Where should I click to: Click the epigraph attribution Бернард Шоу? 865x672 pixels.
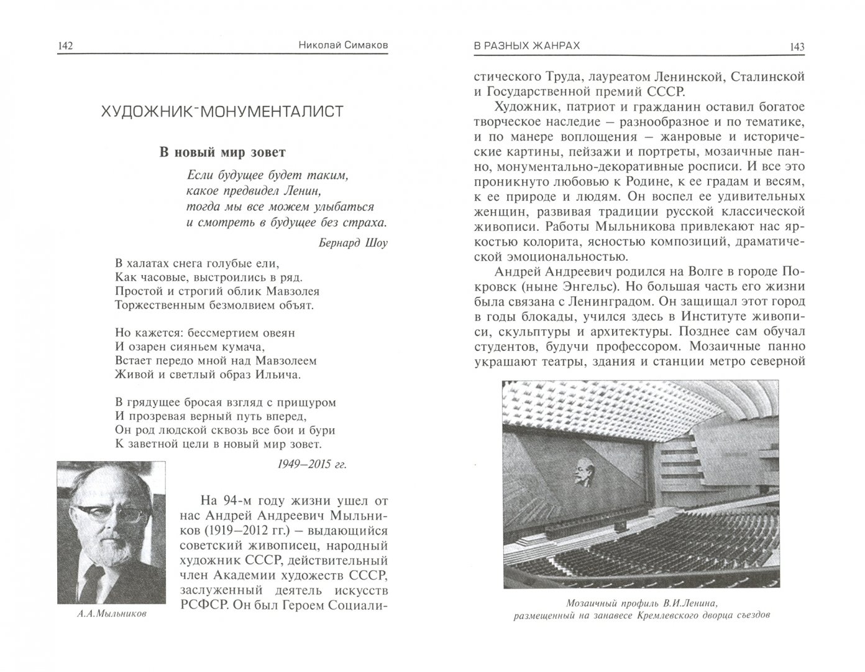[x=352, y=243]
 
